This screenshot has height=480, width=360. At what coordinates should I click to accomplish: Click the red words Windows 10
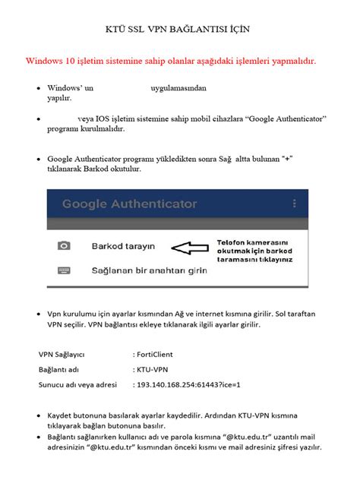(52, 60)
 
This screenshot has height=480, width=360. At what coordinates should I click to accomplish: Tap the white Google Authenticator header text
(130, 204)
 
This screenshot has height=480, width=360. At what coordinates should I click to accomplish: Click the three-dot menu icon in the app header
(294, 204)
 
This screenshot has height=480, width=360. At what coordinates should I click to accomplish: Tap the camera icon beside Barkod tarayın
(64, 246)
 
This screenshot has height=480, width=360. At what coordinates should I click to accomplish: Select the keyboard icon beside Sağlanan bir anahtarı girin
(64, 270)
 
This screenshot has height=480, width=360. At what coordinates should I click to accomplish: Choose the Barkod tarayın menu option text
(123, 246)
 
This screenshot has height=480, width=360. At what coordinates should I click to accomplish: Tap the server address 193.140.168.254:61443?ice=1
(189, 385)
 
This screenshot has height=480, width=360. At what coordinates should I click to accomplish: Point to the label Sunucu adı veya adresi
(77, 385)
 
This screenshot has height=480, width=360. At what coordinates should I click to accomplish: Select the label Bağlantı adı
(58, 369)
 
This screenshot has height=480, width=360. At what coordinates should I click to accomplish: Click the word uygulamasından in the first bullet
(178, 88)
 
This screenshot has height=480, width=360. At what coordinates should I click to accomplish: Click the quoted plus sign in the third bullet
(287, 159)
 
